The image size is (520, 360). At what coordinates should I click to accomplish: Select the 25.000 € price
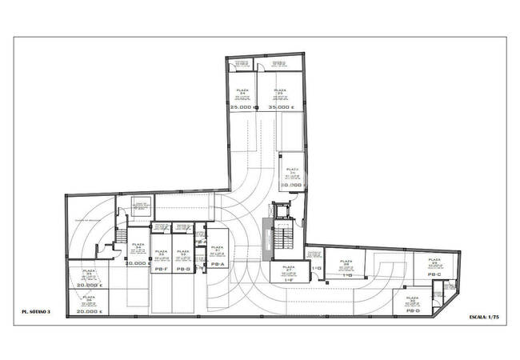(x=242, y=107)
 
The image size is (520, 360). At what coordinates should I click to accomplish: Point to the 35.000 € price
(x=281, y=107)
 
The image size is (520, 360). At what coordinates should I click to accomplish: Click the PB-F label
(x=160, y=269)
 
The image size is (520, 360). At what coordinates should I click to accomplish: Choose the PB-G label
(x=183, y=269)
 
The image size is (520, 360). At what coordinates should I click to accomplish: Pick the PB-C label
(x=434, y=274)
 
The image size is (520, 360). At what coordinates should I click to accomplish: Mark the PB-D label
(x=412, y=311)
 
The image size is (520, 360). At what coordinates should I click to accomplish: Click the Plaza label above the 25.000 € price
(x=242, y=91)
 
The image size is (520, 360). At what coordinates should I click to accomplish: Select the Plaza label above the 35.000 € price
(x=280, y=91)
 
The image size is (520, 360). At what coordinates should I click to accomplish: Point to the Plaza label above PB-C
(x=434, y=262)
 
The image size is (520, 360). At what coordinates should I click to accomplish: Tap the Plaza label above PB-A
(x=217, y=250)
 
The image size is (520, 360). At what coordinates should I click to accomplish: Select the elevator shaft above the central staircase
(x=280, y=211)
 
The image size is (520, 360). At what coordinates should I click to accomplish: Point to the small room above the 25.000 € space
(x=239, y=65)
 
